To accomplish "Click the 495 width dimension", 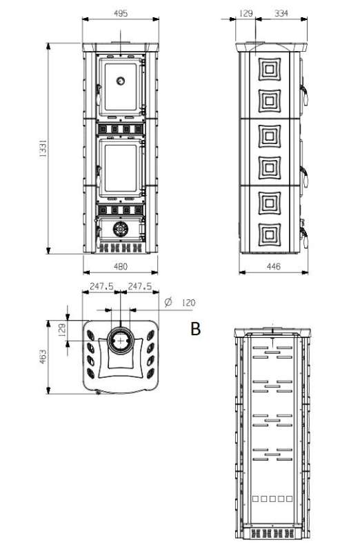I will (121, 13).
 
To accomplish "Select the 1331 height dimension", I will (42, 150).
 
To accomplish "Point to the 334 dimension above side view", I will (281, 13).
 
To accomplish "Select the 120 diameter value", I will (189, 302).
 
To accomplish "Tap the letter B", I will (196, 330).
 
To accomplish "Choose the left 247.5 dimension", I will (101, 286).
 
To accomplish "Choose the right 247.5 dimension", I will (141, 286).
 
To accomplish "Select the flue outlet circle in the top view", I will (121, 340).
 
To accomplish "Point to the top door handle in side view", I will (304, 90).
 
